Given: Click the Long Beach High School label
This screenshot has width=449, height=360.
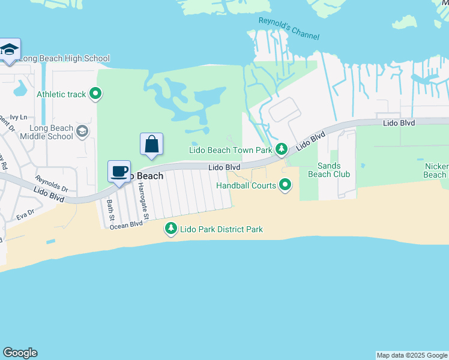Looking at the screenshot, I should [x=65, y=59].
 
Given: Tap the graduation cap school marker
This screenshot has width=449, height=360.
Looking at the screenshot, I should [x=9, y=50].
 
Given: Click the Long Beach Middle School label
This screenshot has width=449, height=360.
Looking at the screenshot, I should [x=52, y=132].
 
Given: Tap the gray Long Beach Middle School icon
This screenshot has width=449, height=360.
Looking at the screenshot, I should [x=82, y=131].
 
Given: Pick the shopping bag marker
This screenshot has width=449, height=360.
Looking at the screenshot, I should [x=152, y=145].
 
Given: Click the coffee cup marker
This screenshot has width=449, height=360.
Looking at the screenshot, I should [x=119, y=172].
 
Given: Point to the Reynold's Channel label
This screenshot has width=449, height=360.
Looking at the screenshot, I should [x=289, y=28].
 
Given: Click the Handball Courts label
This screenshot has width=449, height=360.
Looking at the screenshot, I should [x=247, y=185].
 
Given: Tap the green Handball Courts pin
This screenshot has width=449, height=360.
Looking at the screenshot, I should [x=286, y=185].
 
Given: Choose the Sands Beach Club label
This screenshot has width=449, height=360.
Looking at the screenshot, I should [x=329, y=170].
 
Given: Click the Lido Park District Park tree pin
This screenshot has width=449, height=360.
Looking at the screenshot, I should [x=171, y=229].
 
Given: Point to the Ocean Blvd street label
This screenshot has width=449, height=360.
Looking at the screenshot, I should [x=126, y=224].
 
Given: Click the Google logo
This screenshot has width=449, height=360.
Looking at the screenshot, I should [x=20, y=353].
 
